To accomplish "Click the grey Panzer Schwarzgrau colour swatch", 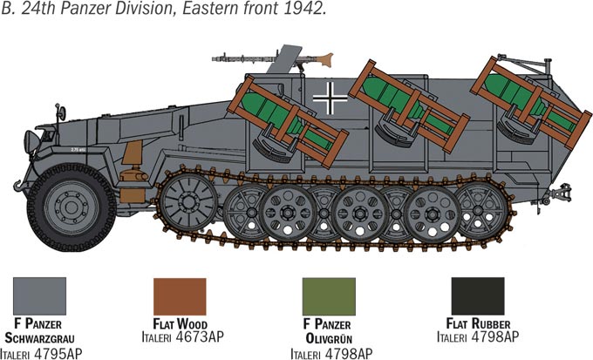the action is pyautogui.click(x=40, y=296).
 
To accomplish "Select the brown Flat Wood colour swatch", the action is pyautogui.click(x=180, y=296).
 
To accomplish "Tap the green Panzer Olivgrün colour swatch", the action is pyautogui.click(x=329, y=296).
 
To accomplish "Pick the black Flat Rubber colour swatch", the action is pyautogui.click(x=478, y=296).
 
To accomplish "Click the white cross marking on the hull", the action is pyautogui.click(x=331, y=98).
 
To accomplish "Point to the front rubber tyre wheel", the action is pyautogui.click(x=72, y=207).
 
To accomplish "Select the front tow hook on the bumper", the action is pyautogui.click(x=18, y=186).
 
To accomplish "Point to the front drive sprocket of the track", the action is pyautogui.click(x=188, y=202).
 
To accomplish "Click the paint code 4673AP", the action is pyautogui.click(x=200, y=336).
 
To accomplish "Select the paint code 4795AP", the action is pyautogui.click(x=58, y=354).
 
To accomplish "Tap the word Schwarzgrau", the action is pyautogui.click(x=39, y=337).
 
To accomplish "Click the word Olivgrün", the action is pyautogui.click(x=329, y=338).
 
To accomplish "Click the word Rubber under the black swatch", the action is pyautogui.click(x=490, y=324).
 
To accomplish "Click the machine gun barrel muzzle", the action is pyautogui.click(x=215, y=59).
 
